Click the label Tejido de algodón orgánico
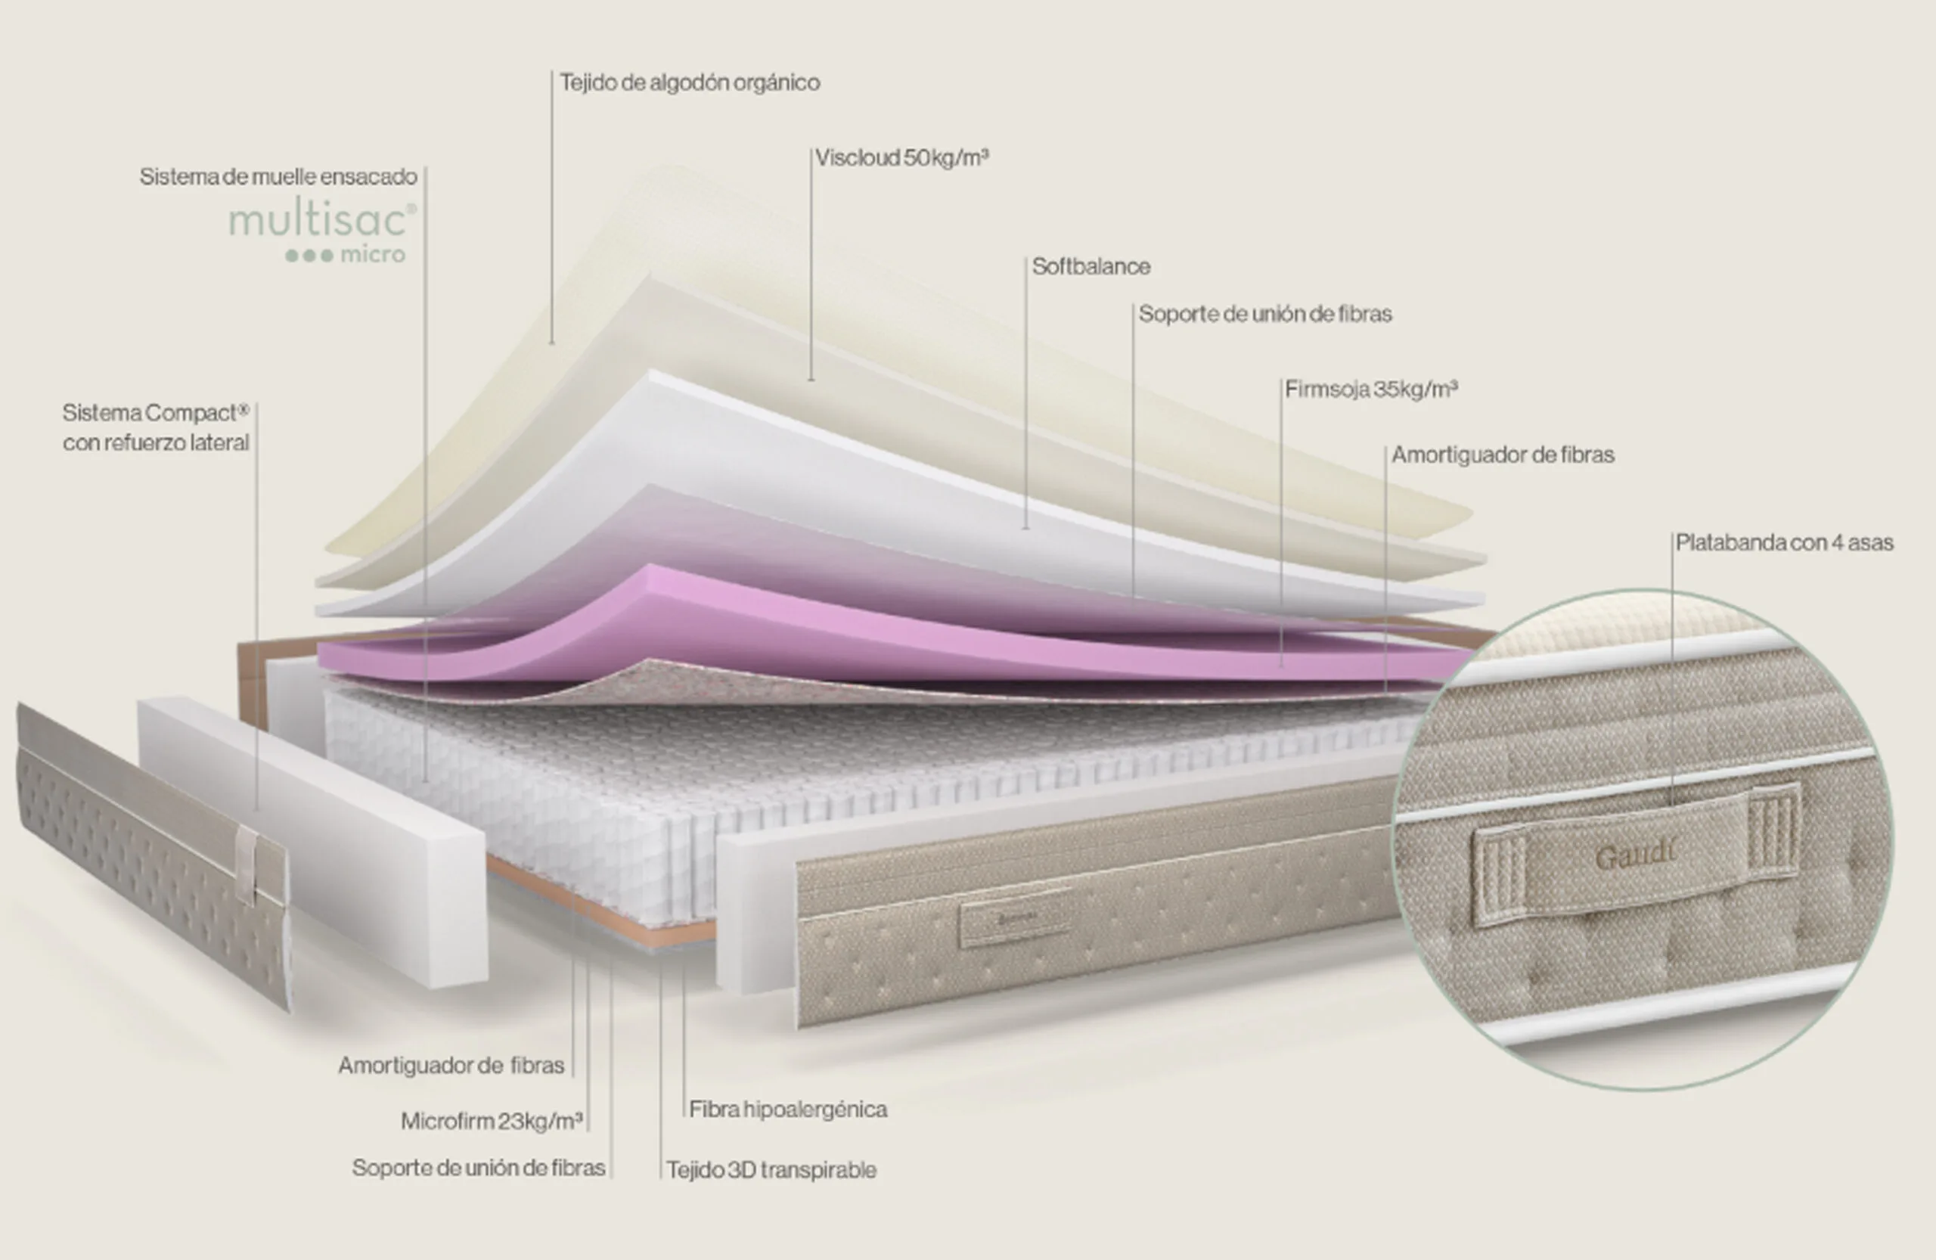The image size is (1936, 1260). (x=690, y=83)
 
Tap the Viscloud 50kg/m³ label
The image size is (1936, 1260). (x=902, y=158)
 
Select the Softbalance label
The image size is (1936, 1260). (x=1091, y=267)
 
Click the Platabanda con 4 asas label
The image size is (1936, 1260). (x=1785, y=542)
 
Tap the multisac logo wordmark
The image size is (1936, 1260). (x=322, y=219)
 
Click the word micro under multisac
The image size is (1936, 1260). (x=373, y=255)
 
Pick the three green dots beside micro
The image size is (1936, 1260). (x=309, y=256)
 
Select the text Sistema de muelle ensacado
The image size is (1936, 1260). (x=278, y=177)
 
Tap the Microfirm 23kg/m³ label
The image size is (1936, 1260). (x=492, y=1122)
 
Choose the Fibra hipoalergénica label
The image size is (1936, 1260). (x=788, y=1109)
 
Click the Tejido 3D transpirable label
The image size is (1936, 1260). (x=772, y=1171)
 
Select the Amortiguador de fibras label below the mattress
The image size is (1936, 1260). (x=451, y=1066)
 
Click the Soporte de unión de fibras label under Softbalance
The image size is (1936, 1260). (x=1265, y=314)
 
